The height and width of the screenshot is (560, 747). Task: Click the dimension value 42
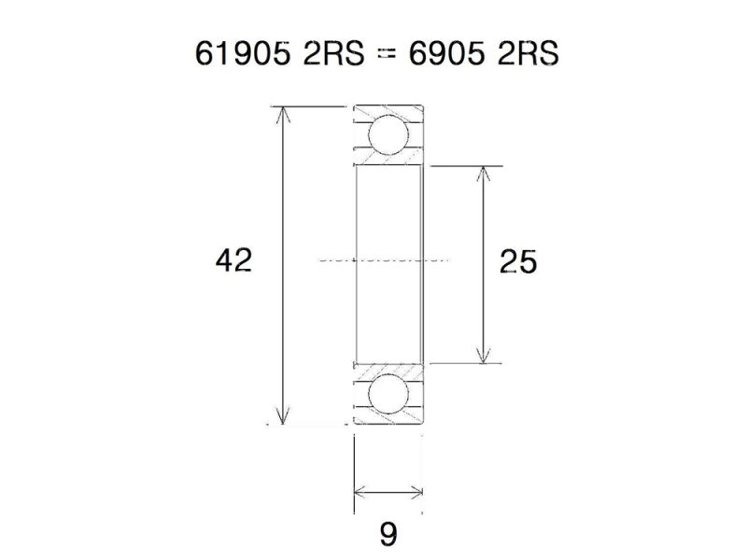tap(233, 260)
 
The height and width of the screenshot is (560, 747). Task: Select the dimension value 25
tap(518, 263)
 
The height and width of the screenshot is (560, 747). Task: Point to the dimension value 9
tap(388, 534)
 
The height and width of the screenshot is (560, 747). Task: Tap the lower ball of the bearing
tap(388, 395)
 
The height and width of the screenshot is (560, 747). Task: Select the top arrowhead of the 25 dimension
tap(483, 174)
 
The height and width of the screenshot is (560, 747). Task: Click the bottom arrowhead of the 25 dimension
tap(483, 357)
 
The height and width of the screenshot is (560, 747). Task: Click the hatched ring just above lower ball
tap(388, 369)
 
